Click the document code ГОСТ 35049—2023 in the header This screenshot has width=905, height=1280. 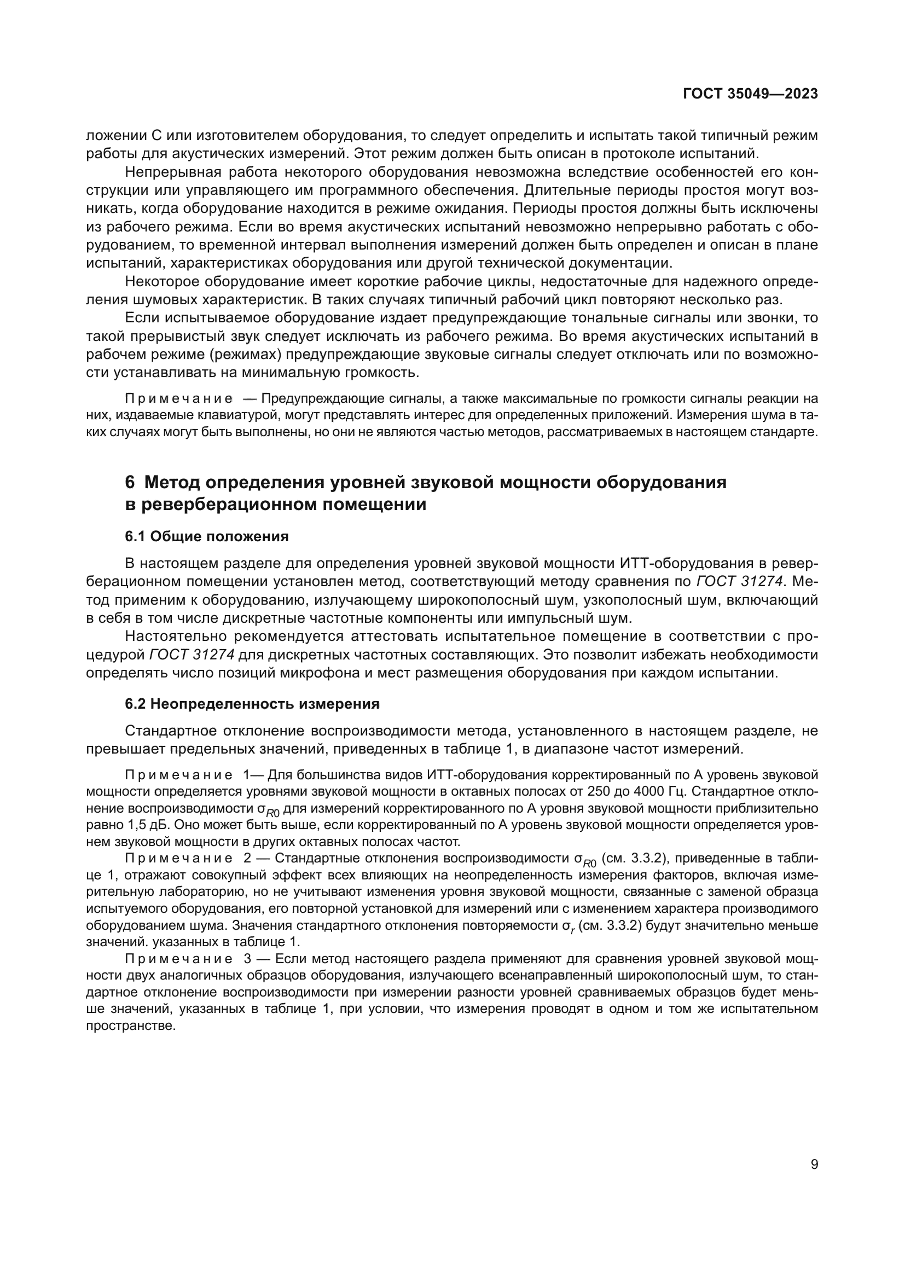750,94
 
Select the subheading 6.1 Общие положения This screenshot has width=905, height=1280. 207,536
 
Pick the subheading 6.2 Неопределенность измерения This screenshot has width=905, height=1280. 252,704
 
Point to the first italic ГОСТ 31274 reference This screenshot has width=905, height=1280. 740,582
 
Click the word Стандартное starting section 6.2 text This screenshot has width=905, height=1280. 171,731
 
